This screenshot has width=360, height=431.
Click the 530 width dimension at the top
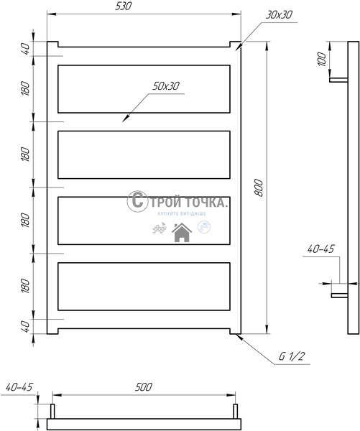[x=124, y=6]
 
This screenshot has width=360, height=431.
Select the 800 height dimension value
[x=259, y=187]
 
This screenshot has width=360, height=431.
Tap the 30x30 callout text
[x=279, y=15]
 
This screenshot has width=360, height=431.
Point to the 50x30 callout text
[x=166, y=86]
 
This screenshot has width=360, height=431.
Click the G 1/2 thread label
[x=292, y=356]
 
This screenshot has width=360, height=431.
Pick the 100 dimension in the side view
[x=321, y=59]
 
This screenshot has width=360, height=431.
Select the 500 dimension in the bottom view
[x=143, y=387]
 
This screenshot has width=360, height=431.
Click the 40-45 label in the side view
[x=320, y=249]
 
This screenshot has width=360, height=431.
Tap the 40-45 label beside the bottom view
[x=19, y=387]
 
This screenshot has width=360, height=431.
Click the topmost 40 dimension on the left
[x=25, y=49]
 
